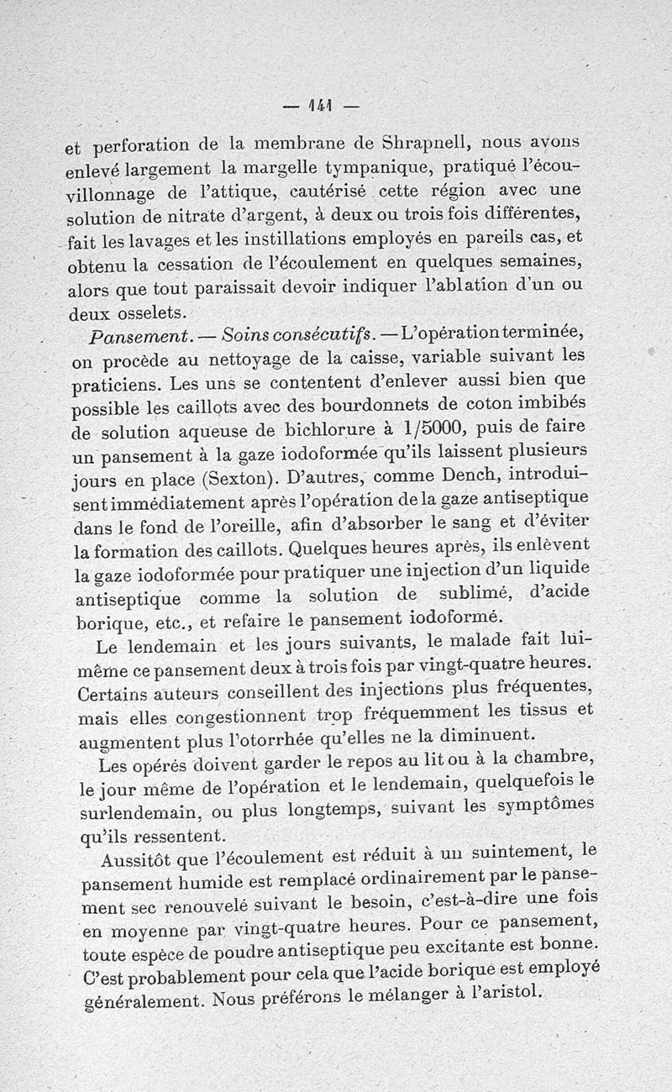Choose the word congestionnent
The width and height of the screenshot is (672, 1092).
point(225,717)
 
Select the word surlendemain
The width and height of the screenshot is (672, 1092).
point(134,814)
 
